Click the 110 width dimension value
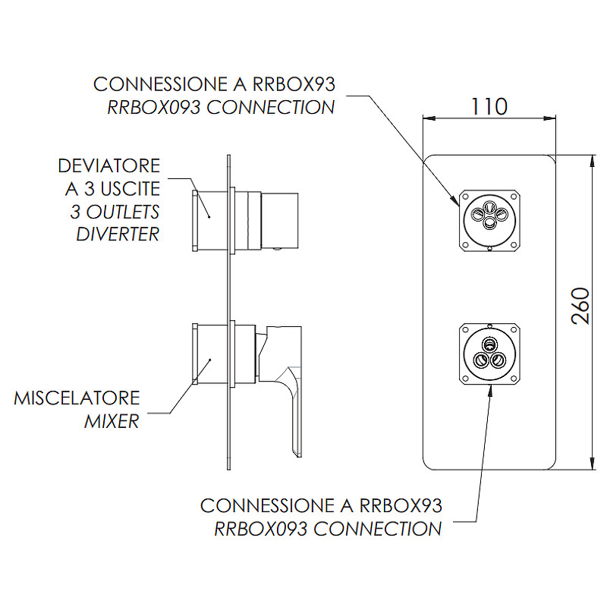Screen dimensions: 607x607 click(x=489, y=105)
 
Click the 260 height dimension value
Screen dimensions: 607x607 click(x=580, y=306)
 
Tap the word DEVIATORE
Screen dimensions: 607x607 click(x=109, y=166)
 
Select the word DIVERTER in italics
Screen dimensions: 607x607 click(x=118, y=233)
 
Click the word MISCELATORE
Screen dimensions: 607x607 click(x=77, y=398)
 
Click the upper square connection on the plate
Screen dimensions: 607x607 click(x=489, y=215)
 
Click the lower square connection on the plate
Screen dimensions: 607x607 click(x=489, y=353)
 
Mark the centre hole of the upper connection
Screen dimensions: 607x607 click(x=489, y=215)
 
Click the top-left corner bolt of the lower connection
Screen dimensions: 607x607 click(x=464, y=329)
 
